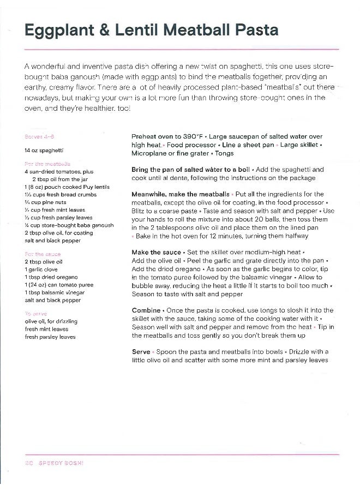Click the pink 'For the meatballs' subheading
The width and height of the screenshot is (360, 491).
[48, 164]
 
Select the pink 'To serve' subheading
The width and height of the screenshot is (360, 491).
[35, 314]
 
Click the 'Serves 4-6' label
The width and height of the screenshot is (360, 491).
[39, 136]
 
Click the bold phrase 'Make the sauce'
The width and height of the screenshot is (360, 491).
[157, 252]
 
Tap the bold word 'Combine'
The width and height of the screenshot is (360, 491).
[146, 310]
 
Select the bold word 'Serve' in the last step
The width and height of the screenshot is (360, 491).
[141, 352]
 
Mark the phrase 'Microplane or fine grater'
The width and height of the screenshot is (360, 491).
[165, 154]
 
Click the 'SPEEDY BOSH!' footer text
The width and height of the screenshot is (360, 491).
[60, 463]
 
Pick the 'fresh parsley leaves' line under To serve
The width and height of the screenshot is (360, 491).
[50, 337]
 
